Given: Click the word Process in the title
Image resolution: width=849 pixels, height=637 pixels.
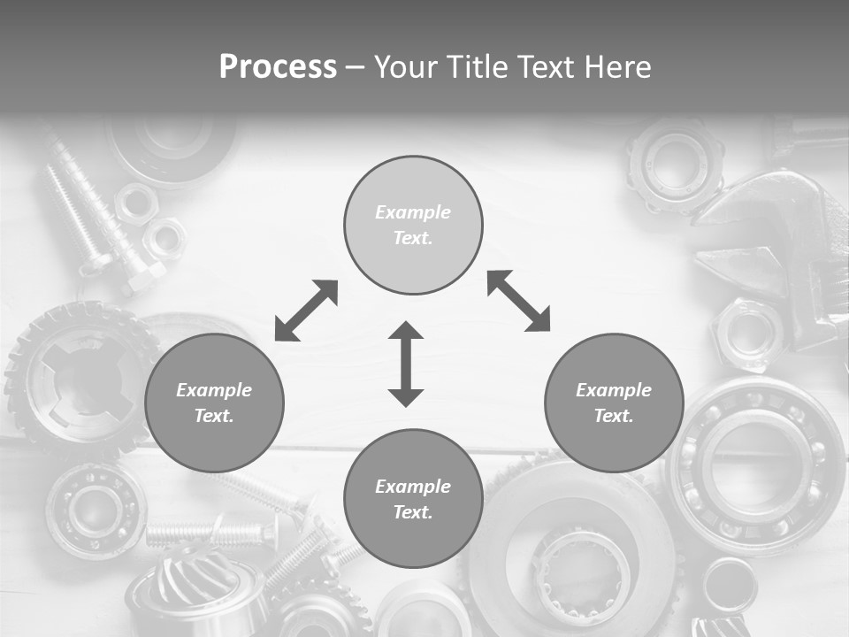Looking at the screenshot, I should (278, 67).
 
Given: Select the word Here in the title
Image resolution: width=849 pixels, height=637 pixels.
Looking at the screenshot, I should (616, 67).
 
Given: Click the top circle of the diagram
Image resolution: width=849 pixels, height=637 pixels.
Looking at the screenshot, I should (413, 225).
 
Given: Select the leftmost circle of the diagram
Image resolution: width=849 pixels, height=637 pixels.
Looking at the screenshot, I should (214, 403).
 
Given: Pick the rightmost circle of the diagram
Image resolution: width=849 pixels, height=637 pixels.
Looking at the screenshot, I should (614, 403).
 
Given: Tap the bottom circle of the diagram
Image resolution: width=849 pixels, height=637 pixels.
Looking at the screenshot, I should (413, 498).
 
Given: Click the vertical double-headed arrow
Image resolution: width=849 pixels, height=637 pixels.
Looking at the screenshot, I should (406, 364).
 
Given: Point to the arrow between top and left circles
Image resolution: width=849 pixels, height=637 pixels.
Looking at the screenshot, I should (306, 311).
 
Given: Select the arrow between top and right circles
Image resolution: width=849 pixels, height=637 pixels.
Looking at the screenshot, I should (519, 301).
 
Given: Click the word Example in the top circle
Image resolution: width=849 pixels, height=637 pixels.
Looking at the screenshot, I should (413, 212).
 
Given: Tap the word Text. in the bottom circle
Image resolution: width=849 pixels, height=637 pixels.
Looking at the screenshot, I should (413, 512).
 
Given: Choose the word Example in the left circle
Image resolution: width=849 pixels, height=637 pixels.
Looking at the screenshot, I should (214, 390).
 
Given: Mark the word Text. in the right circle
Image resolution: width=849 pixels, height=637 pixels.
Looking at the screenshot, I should (614, 416).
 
